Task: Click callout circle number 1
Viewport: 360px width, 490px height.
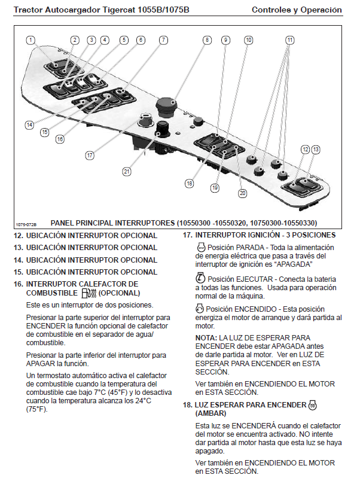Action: click(x=31, y=40)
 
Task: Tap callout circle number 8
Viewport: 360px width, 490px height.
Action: click(x=207, y=40)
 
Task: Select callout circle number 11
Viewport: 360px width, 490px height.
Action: click(x=290, y=40)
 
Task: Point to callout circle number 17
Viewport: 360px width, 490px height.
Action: click(x=90, y=155)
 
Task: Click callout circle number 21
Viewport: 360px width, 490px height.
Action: click(x=127, y=171)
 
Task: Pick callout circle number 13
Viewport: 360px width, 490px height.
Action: click(x=316, y=149)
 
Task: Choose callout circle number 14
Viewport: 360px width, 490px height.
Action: click(x=29, y=125)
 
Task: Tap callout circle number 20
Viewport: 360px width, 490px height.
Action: click(x=242, y=193)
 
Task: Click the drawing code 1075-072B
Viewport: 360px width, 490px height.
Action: click(x=27, y=223)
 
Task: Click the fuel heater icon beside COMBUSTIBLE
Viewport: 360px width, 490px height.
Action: click(x=88, y=293)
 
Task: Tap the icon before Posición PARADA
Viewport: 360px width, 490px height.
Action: click(x=201, y=247)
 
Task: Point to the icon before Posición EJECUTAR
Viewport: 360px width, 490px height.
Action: click(x=201, y=279)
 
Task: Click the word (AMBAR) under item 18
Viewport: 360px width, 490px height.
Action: click(x=212, y=413)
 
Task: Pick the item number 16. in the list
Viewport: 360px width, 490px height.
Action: click(x=19, y=284)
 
